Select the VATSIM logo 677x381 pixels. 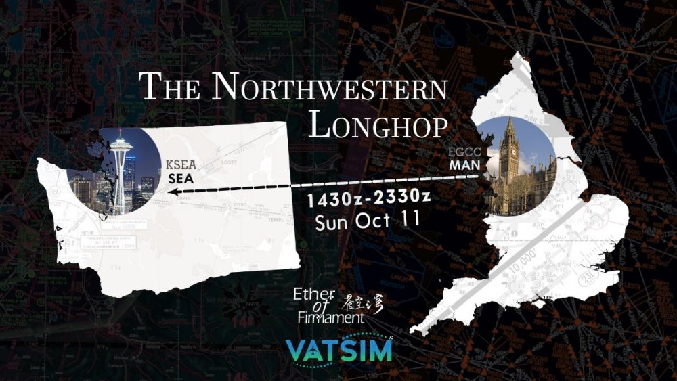click(x=339, y=351)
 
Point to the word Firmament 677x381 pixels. click(x=330, y=316)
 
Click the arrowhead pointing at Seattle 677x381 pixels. click(x=173, y=192)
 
